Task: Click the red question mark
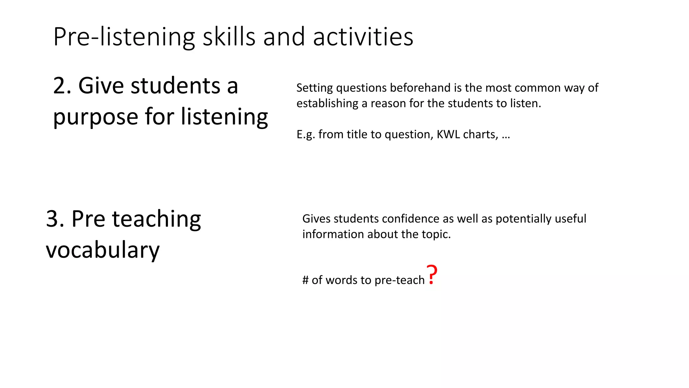[x=432, y=274]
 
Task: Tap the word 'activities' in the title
[x=363, y=37]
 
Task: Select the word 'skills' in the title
[x=229, y=37]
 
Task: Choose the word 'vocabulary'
[x=103, y=251]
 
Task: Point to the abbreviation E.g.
[x=306, y=135]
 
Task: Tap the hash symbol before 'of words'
[x=305, y=280]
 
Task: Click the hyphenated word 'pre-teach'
[x=399, y=280]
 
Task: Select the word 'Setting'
[x=315, y=88]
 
